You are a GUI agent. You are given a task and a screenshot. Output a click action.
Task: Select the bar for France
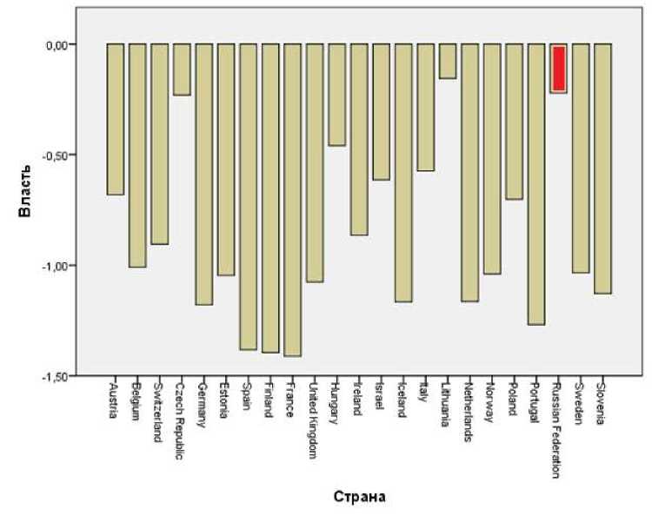tap(292, 200)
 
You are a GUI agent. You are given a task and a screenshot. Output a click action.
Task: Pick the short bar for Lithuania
tap(448, 61)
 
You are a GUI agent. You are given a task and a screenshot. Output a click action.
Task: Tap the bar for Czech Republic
tap(182, 69)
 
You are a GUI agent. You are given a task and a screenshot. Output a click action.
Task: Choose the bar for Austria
tap(115, 119)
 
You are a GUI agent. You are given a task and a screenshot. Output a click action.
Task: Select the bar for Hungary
tap(336, 95)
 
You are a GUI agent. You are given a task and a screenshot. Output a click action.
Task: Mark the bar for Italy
tap(425, 107)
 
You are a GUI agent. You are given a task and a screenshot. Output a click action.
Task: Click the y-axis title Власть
tap(28, 209)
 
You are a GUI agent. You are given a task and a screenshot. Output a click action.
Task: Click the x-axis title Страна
tap(358, 498)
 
